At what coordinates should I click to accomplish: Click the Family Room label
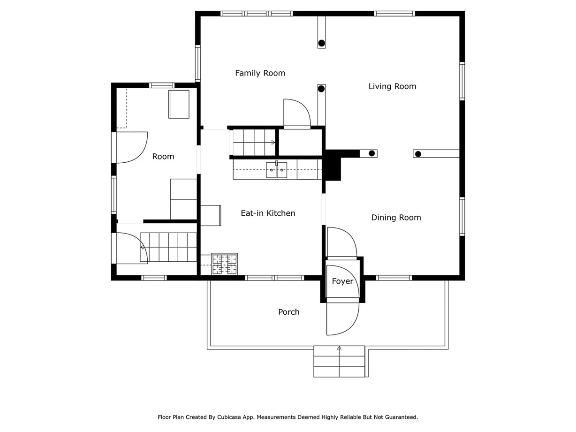click(260, 73)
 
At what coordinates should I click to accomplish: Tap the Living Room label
click(392, 86)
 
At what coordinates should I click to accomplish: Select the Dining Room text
click(396, 218)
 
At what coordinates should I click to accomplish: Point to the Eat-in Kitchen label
click(268, 213)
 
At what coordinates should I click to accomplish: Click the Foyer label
click(342, 281)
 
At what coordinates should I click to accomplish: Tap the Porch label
click(288, 312)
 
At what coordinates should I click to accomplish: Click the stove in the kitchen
click(225, 264)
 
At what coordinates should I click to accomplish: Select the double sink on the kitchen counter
click(277, 170)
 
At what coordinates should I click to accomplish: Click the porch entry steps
click(339, 362)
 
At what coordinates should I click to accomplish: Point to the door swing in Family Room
click(296, 113)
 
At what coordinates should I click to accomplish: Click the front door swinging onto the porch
click(342, 319)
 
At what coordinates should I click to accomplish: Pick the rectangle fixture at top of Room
click(179, 104)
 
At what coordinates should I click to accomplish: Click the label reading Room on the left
click(163, 157)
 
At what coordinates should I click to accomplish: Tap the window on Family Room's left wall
click(198, 63)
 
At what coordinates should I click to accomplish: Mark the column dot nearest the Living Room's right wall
click(418, 154)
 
